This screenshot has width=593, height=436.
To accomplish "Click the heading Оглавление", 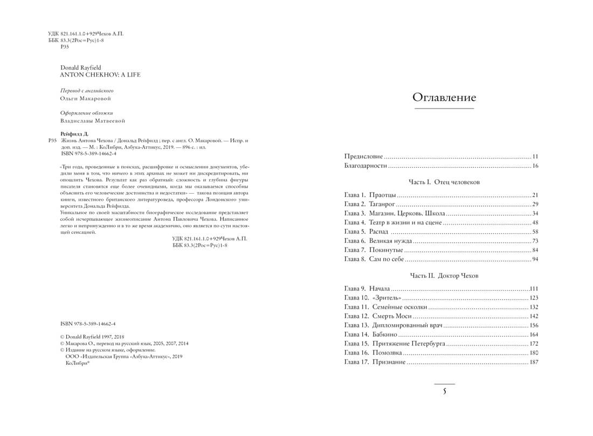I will pyautogui.click(x=444, y=98).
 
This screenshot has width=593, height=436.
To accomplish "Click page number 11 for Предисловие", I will pyautogui.click(x=535, y=156).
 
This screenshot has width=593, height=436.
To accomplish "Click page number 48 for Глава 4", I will pyautogui.click(x=535, y=222).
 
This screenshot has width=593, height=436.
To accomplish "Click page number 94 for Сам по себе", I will pyautogui.click(x=535, y=260).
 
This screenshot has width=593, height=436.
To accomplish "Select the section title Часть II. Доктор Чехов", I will pyautogui.click(x=444, y=276).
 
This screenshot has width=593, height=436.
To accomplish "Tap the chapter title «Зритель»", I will pyautogui.click(x=387, y=298).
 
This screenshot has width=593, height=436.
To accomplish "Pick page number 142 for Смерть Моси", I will pyautogui.click(x=534, y=316).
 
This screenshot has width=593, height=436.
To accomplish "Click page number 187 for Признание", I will pyautogui.click(x=534, y=362).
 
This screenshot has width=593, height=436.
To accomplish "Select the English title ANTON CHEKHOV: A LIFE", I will pyautogui.click(x=93, y=75).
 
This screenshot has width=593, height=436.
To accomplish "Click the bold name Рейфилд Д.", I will pyautogui.click(x=76, y=133).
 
